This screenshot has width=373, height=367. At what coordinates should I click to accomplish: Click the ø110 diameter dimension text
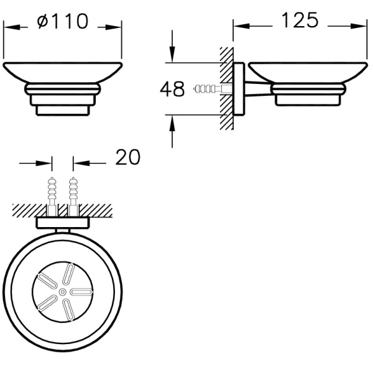coord(63,21)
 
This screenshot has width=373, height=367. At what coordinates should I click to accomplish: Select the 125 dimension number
coord(300,20)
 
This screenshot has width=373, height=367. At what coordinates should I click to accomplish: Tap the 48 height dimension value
coord(172,89)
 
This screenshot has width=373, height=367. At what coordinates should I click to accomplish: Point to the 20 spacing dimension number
coord(127,157)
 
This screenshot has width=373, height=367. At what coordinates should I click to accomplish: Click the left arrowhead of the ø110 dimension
coord(11,27)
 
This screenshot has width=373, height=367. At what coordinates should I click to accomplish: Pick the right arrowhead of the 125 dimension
coord(359,26)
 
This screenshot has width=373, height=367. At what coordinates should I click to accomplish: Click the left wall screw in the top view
coord(52,197)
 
